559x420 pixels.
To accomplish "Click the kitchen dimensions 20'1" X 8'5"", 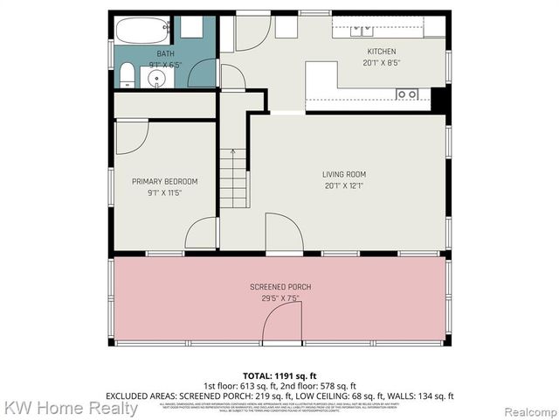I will pos(381,63).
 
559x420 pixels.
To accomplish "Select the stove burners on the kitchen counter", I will pos(406,94).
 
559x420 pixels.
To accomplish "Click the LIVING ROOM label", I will pos(342,174).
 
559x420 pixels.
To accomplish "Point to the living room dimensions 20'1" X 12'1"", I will pos(342,185).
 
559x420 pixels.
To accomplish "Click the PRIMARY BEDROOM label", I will pos(164,182).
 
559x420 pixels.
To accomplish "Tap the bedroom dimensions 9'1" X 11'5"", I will pos(164,192).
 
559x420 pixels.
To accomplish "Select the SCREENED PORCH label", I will pos(280,287).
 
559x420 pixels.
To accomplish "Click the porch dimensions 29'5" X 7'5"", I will pos(280,297).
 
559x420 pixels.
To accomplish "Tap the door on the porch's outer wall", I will pos(282,325).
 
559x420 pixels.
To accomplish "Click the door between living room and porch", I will pos(284,234).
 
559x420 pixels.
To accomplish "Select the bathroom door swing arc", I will pos(204,72).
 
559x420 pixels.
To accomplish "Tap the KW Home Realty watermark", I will pos(70,408).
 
